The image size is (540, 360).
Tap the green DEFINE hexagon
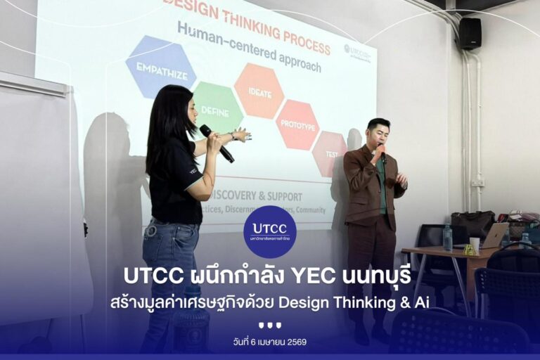pyautogui.click(x=217, y=108)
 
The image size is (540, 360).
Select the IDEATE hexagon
pyautogui.click(x=258, y=90)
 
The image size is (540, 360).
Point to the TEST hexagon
pyautogui.click(x=329, y=153)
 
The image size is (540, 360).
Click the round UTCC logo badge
pyautogui.click(x=269, y=231)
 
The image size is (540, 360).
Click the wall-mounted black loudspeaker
pyautogui.click(x=469, y=33)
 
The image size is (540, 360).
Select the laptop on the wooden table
pyautogui.click(x=495, y=235)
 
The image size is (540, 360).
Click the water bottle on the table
pyautogui.click(x=448, y=237)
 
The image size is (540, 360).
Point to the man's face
pyautogui.click(x=378, y=134)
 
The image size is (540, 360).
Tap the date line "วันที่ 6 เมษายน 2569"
pyautogui.click(x=269, y=342)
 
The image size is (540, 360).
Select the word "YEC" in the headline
pyautogui.click(x=323, y=275)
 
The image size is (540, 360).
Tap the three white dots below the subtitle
pyautogui.click(x=269, y=325)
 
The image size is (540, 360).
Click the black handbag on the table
pyautogui.click(x=472, y=224)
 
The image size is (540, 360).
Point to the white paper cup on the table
pyautogui.click(x=475, y=244)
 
